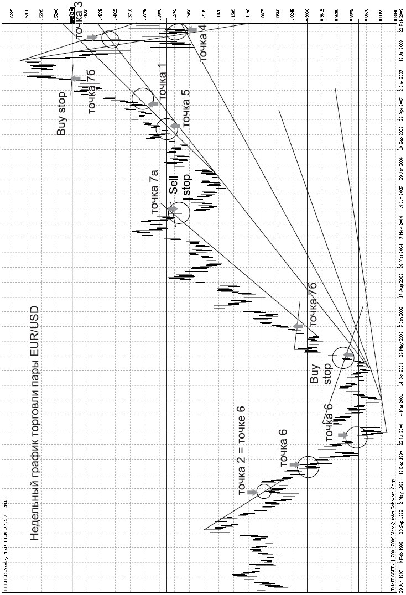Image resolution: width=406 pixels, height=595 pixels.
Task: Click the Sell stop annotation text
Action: (x=180, y=195)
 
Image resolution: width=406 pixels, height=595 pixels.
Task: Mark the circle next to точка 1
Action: (x=143, y=99)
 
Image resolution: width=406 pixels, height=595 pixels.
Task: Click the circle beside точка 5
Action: (x=166, y=128)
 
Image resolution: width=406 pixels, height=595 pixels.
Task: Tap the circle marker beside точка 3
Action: (x=111, y=39)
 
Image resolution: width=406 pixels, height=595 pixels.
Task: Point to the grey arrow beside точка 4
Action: (x=191, y=29)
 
